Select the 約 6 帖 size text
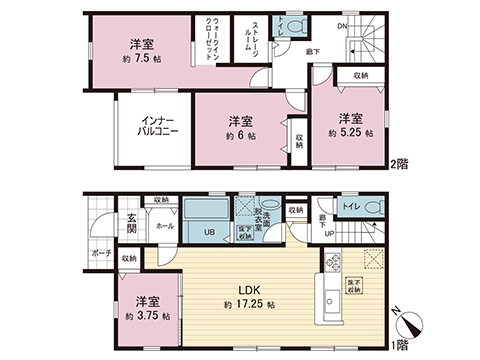pyautogui.click(x=244, y=135)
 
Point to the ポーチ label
pyautogui.click(x=99, y=254)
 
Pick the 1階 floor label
pyautogui.click(x=399, y=342)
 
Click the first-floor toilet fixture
pyautogui.click(x=376, y=206)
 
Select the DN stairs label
pyautogui.click(x=343, y=25)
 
